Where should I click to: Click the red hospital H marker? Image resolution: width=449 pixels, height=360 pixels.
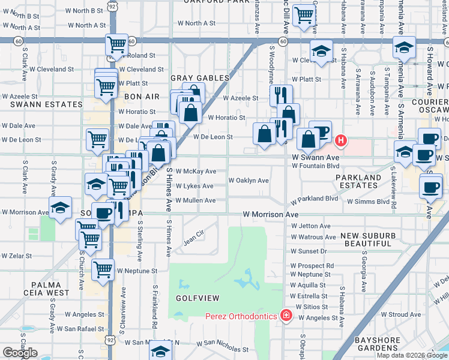coord(340,142)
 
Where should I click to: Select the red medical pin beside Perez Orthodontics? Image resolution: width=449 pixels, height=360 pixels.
coord(286,316)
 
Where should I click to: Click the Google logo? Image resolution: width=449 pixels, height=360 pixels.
coord(20,353)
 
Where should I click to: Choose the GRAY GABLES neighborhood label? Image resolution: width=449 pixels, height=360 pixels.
coord(200,78)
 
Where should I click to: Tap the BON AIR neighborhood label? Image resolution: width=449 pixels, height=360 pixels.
coord(141,96)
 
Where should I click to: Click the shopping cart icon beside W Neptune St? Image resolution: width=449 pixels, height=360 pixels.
coord(103,270)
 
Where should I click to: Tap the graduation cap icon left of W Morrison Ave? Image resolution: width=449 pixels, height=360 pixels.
coord(60,208)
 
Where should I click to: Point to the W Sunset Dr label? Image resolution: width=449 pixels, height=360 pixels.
coord(309,251)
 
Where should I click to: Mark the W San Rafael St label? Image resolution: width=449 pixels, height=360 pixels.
coord(80,329)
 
